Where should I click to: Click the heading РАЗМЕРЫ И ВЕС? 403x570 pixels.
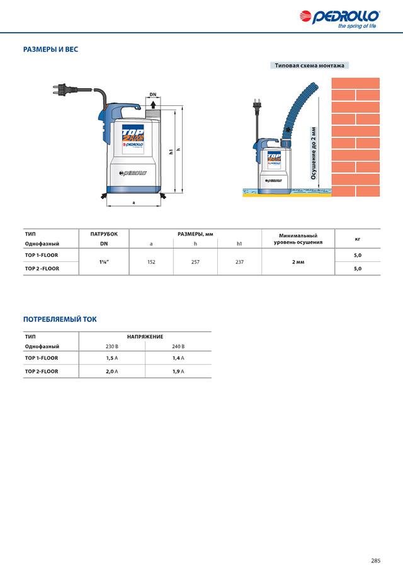[50, 49]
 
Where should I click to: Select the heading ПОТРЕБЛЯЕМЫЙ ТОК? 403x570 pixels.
[60, 319]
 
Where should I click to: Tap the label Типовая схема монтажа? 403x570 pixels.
[310, 66]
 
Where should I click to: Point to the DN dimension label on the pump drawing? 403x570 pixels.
[153, 95]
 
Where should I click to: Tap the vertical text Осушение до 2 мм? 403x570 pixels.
[314, 153]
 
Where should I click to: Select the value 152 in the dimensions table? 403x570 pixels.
[151, 261]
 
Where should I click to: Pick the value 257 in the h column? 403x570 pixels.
[195, 261]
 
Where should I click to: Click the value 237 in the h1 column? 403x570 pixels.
[239, 261]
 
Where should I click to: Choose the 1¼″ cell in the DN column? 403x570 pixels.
[103, 261]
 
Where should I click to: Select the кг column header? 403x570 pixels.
[358, 239]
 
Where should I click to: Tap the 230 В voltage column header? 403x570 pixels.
[111, 346]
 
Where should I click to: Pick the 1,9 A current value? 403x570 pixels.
[178, 372]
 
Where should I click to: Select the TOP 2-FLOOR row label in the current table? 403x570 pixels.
[42, 372]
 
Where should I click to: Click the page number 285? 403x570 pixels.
[375, 543]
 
